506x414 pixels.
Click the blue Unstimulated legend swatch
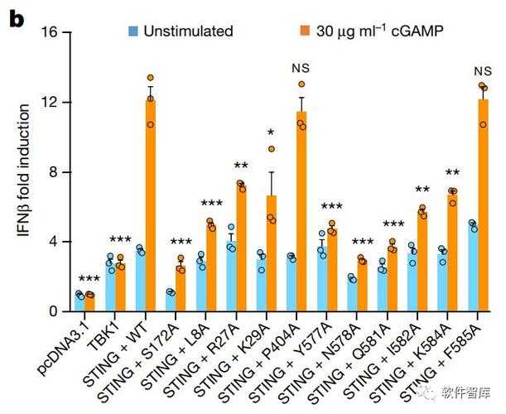133,31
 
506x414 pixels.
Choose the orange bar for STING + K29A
272,253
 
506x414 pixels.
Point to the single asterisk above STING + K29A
271,133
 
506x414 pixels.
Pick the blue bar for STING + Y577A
321,278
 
